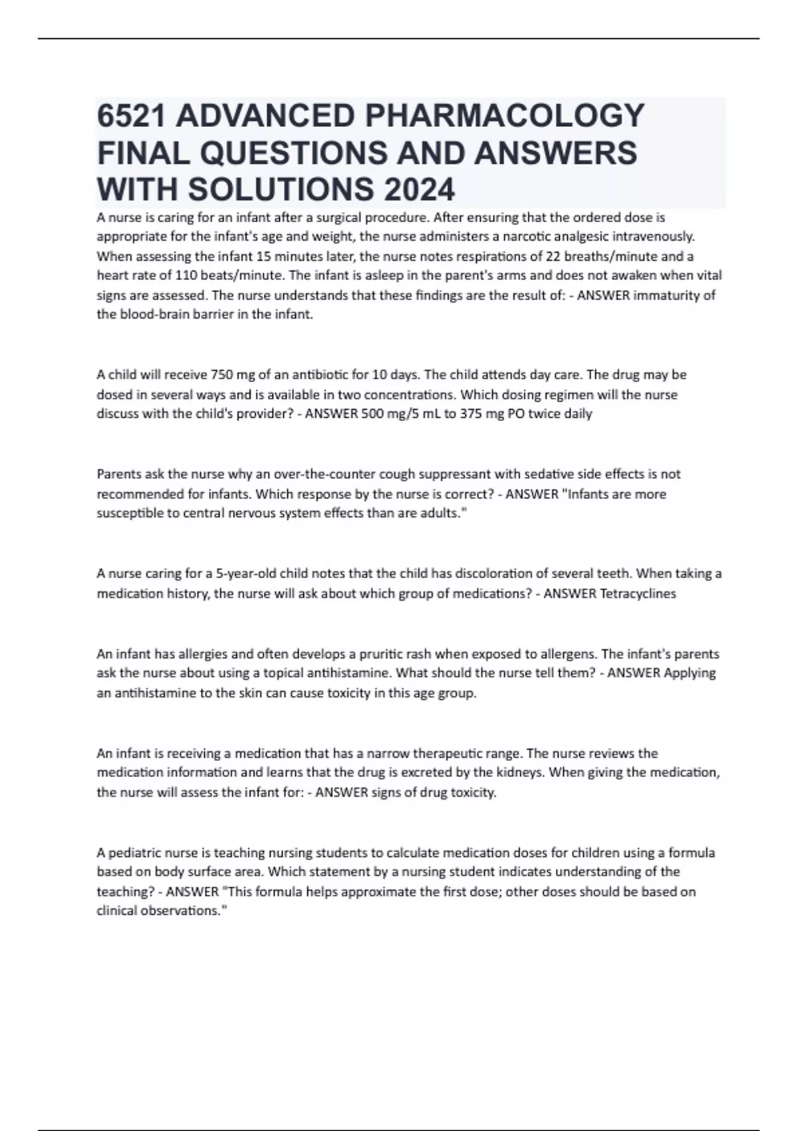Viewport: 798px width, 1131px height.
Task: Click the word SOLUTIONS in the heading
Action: (281, 190)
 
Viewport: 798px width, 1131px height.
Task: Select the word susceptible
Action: (126, 514)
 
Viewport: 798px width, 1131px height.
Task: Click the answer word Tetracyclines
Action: (638, 593)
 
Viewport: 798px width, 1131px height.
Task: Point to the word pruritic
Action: (381, 654)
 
